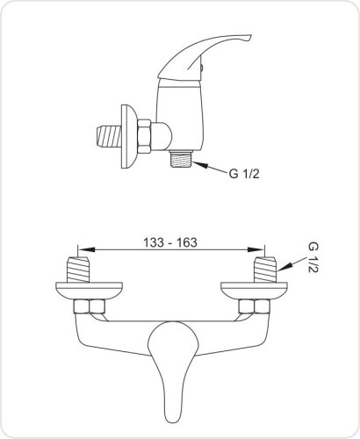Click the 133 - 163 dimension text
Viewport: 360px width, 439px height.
pos(170,242)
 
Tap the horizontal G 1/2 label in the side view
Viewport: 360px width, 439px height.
pos(244,174)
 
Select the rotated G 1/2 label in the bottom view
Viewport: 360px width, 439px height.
pos(313,257)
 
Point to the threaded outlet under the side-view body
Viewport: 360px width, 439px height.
pos(181,159)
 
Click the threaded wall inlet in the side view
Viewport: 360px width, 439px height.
pos(109,137)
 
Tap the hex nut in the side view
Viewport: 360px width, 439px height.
pos(144,136)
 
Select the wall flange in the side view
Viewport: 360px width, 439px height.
pos(128,136)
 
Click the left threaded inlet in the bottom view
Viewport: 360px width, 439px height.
pos(78,270)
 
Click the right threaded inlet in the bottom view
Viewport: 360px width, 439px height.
pos(265,270)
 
